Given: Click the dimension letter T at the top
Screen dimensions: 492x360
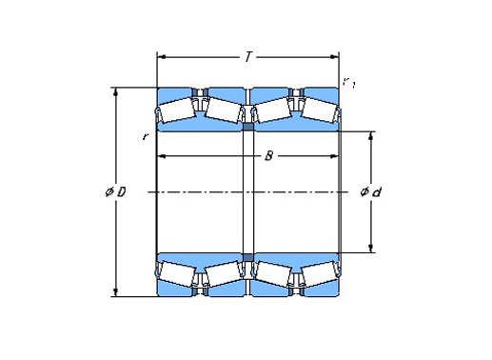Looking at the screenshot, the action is [248, 57].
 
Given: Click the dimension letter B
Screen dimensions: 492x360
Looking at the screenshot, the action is [268, 156].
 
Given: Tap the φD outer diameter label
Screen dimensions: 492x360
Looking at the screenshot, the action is [116, 191].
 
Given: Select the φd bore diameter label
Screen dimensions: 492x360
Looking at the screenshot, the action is [370, 192].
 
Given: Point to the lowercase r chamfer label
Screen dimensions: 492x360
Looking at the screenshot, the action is [145, 137].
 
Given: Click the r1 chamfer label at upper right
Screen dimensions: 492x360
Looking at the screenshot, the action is [348, 83].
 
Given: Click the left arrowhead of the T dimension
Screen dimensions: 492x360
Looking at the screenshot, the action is [162, 57].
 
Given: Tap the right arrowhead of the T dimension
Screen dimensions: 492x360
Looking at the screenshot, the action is [335, 57].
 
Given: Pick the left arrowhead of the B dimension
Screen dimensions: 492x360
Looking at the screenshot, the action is [162, 156].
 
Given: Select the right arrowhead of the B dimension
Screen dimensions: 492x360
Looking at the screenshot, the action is [335, 156].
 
